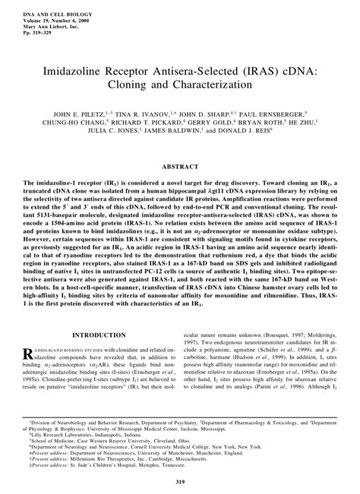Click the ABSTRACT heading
179,165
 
